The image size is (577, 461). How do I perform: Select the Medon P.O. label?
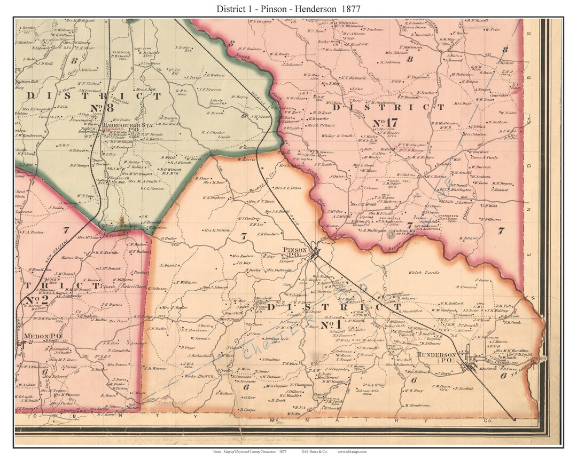tap(37, 337)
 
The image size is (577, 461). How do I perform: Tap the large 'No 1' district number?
tap(331, 324)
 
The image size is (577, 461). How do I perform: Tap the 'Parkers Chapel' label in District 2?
tap(135, 287)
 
